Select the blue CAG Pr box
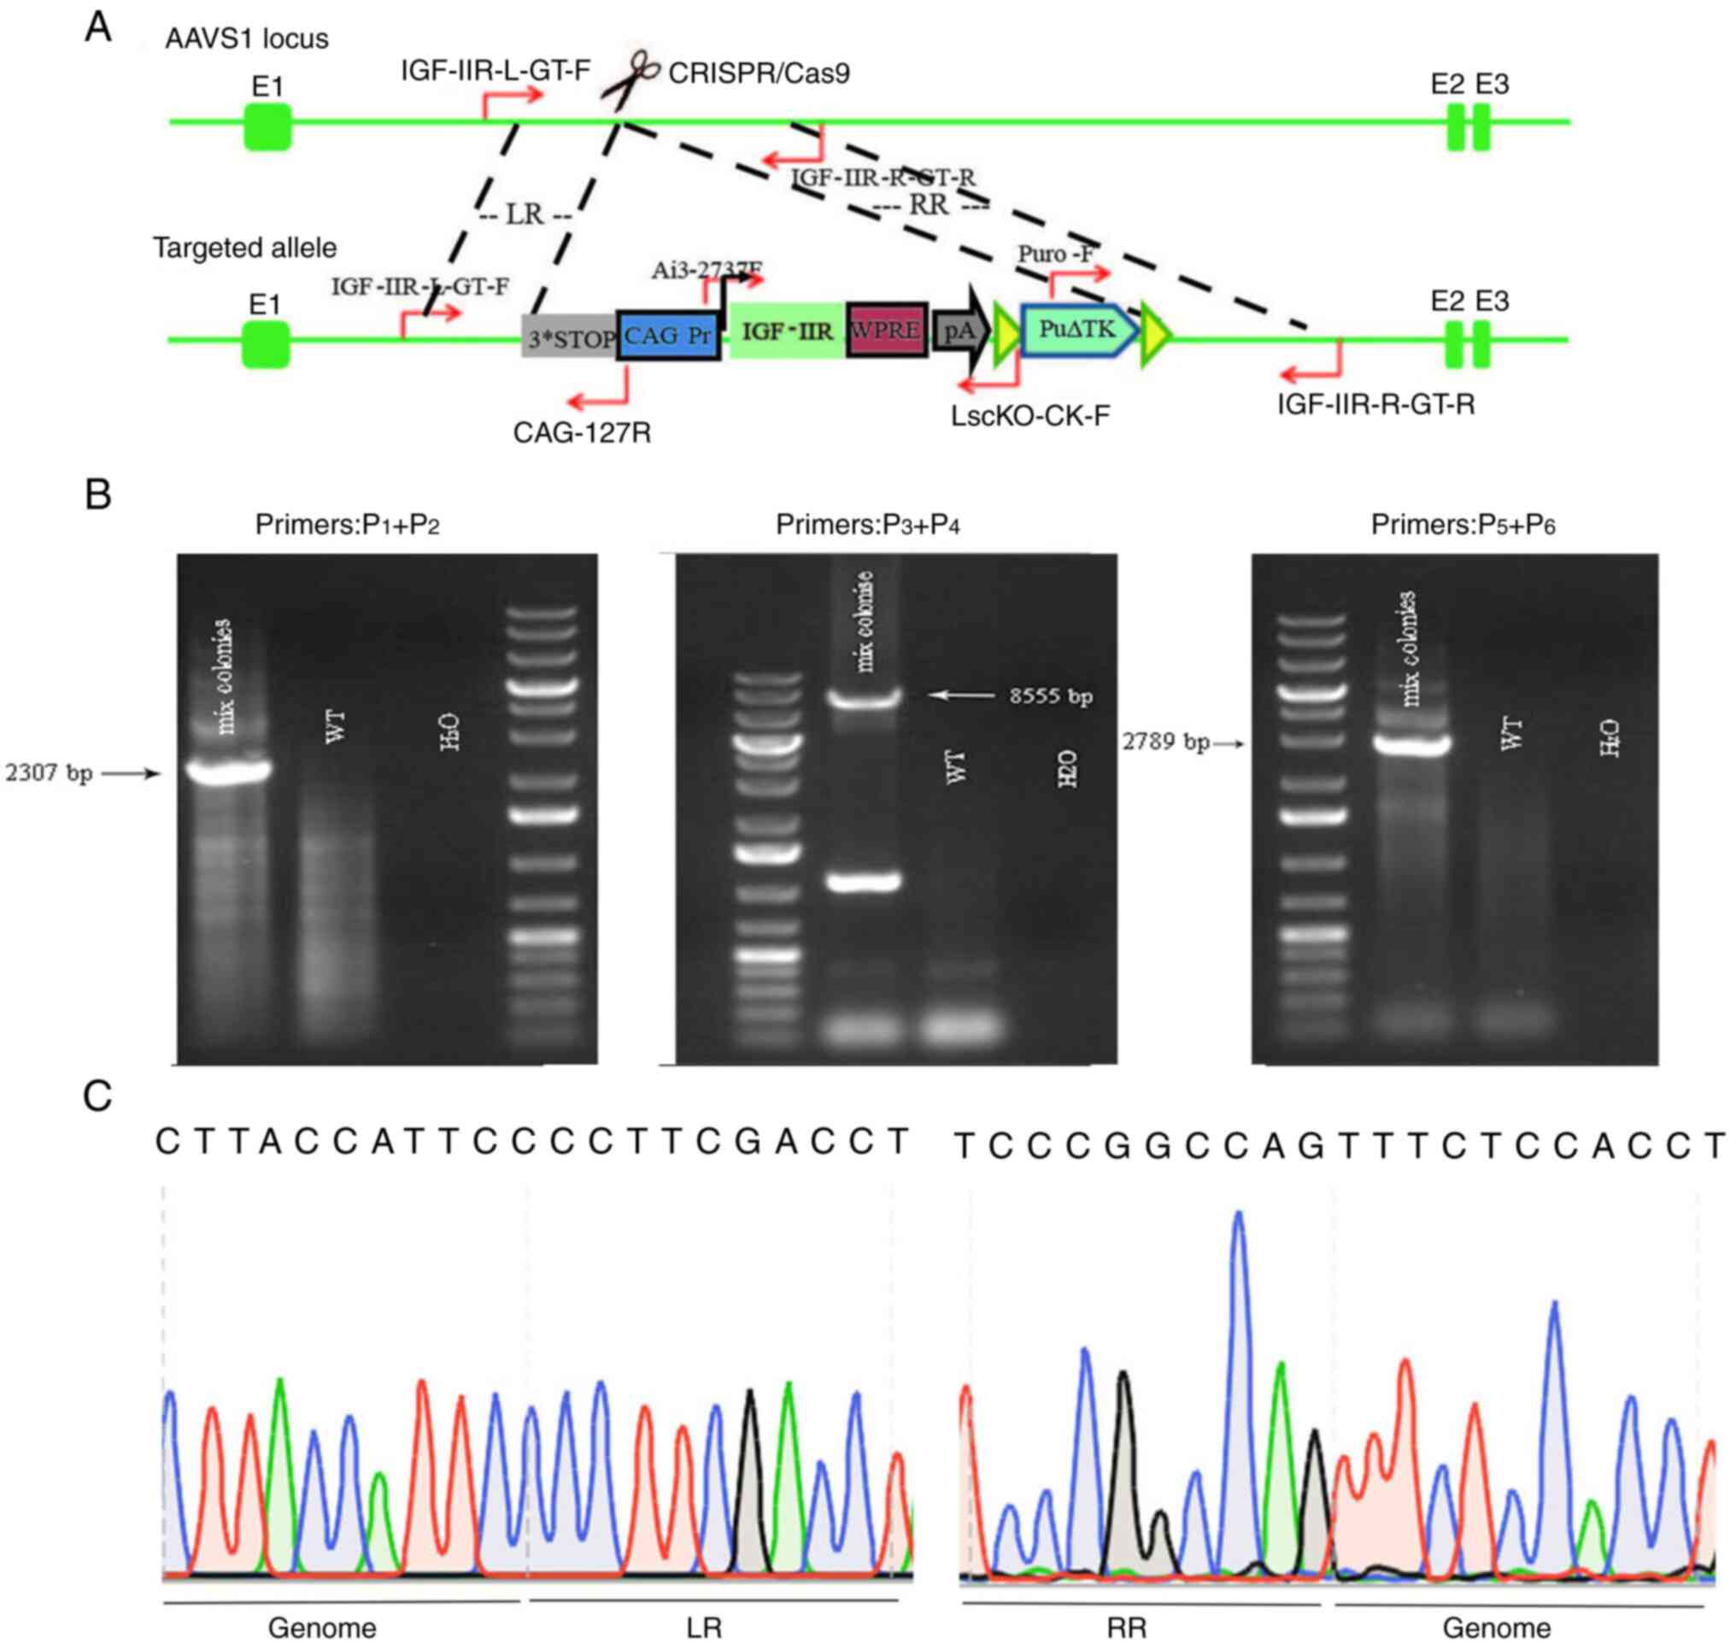point(668,335)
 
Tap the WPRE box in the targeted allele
point(886,331)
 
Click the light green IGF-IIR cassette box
point(788,331)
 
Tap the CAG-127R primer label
point(582,433)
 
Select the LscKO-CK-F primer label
point(1029,416)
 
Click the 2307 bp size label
point(50,774)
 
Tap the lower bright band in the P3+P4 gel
point(865,882)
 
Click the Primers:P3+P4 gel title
point(866,525)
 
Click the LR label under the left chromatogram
point(704,1628)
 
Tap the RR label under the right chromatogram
point(1126,1628)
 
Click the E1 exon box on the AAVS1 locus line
point(267,126)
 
